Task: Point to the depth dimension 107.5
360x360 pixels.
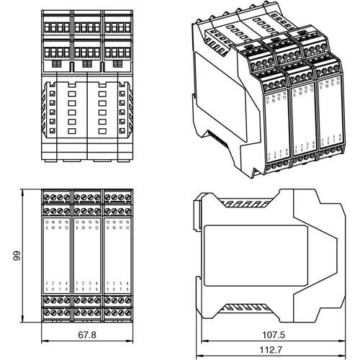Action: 271,333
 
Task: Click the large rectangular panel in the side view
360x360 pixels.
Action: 256,256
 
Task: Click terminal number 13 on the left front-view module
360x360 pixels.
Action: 48,223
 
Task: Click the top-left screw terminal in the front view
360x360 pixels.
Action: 47,197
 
